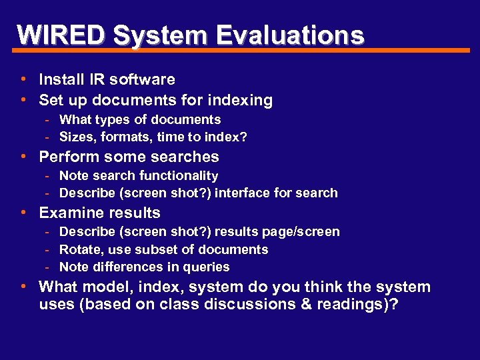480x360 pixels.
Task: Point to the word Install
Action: click(x=62, y=79)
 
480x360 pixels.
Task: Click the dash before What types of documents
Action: click(x=49, y=120)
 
